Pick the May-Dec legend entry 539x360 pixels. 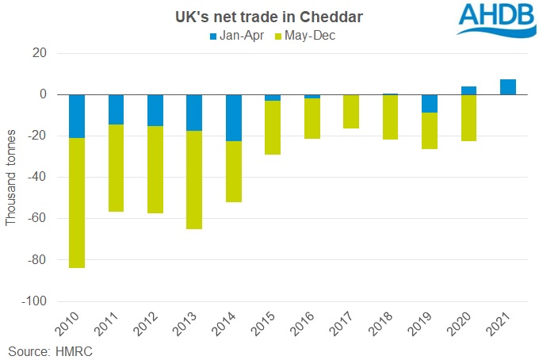click(x=305, y=36)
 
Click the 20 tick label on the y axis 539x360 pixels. click(x=40, y=53)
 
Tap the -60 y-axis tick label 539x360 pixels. click(x=37, y=219)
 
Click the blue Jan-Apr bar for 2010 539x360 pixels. click(x=77, y=116)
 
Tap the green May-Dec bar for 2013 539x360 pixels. click(x=194, y=180)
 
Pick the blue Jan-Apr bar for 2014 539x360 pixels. click(x=234, y=117)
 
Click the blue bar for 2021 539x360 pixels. click(x=508, y=87)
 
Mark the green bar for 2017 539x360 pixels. click(x=351, y=111)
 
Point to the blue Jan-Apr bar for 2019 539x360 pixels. click(x=430, y=104)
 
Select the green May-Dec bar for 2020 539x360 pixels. click(x=468, y=118)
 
